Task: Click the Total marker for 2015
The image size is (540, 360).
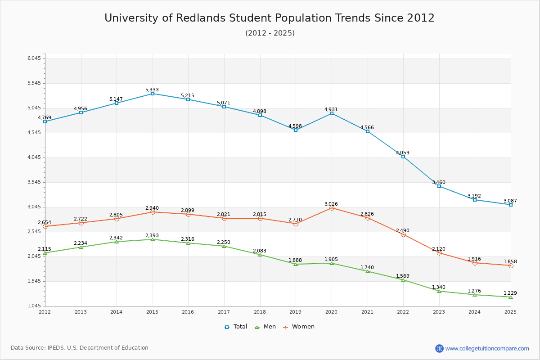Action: (x=153, y=94)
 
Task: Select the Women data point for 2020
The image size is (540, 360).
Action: (x=332, y=208)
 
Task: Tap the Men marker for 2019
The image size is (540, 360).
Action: (x=296, y=264)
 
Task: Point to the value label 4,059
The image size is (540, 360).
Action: (x=403, y=153)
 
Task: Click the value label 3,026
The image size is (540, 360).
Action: (x=331, y=204)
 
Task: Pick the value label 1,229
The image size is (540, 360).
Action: (x=510, y=293)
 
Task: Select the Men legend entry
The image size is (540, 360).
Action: (x=266, y=327)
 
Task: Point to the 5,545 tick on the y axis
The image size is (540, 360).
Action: (x=35, y=83)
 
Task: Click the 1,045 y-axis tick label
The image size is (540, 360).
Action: (x=35, y=306)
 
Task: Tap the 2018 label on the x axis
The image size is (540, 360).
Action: (x=260, y=312)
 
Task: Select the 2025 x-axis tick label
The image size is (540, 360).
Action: (x=510, y=312)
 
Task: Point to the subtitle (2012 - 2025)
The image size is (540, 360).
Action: (x=270, y=33)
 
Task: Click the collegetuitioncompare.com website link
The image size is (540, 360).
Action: (x=487, y=348)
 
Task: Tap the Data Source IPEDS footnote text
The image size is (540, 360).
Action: (x=80, y=348)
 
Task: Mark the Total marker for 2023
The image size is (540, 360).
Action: (x=439, y=186)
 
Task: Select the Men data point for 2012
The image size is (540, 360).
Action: (x=45, y=253)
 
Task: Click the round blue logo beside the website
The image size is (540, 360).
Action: (x=439, y=348)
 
